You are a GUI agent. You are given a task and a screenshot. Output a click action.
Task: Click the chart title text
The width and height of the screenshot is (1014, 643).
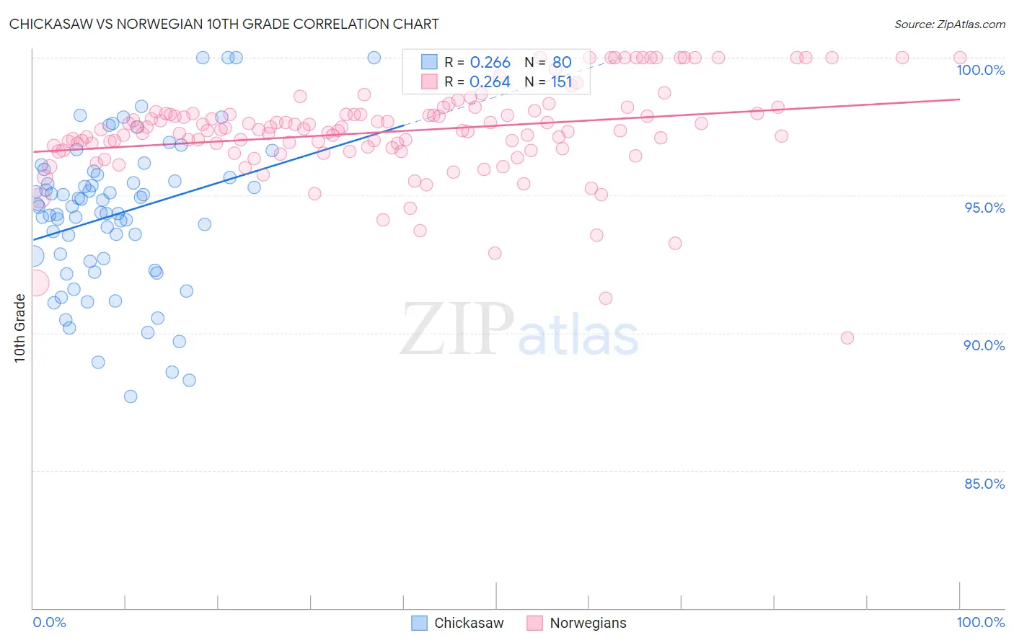click(224, 24)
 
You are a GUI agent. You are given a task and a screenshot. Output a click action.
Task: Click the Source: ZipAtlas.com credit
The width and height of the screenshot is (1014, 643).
click(949, 24)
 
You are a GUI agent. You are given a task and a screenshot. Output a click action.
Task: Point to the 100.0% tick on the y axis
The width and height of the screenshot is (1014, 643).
click(980, 70)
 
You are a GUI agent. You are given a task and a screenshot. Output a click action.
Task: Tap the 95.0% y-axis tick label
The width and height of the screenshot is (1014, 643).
click(984, 208)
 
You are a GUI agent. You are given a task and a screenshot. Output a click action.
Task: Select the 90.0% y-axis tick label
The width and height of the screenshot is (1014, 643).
click(984, 345)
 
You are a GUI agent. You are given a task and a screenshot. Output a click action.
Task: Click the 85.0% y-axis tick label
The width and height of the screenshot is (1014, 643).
click(984, 484)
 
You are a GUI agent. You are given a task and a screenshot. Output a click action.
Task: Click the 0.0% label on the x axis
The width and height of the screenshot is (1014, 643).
click(49, 622)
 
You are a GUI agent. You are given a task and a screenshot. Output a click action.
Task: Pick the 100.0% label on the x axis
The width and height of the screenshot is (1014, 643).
click(980, 622)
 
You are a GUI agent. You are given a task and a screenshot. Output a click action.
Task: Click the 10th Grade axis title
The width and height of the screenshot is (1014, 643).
click(19, 328)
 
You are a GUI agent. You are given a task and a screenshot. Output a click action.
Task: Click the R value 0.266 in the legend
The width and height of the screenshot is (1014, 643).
click(490, 62)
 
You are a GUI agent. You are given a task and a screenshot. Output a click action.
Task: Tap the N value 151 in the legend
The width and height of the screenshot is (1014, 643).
click(561, 82)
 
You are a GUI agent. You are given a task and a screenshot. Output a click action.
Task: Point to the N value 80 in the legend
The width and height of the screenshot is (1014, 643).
click(562, 62)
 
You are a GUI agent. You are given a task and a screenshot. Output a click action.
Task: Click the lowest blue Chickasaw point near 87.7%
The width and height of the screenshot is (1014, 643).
click(131, 396)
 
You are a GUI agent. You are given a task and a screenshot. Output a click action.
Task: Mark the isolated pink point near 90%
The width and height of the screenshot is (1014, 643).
click(847, 338)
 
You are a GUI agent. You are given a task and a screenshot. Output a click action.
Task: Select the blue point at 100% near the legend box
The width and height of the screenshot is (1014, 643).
click(374, 58)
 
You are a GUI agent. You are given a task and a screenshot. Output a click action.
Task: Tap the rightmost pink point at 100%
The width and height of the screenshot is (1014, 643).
click(960, 58)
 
